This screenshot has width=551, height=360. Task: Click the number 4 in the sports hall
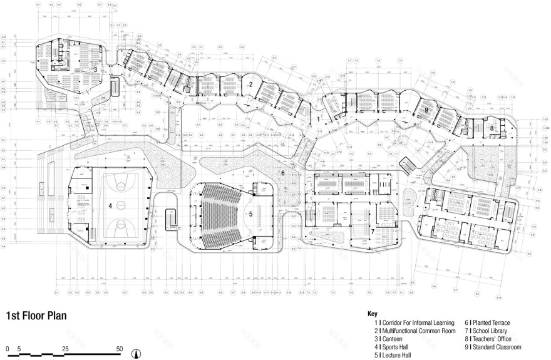click(110, 205)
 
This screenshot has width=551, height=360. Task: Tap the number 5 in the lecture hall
click(250, 213)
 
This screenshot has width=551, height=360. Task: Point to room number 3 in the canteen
click(95, 69)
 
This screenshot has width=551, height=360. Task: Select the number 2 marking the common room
click(250, 84)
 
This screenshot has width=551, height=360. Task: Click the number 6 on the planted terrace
click(282, 173)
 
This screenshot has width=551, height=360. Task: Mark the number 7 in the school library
click(372, 232)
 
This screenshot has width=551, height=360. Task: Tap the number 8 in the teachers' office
click(492, 128)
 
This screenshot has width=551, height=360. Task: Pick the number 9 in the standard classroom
click(426, 110)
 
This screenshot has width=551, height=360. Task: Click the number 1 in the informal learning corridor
click(318, 118)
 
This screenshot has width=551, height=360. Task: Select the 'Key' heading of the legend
click(373, 314)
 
